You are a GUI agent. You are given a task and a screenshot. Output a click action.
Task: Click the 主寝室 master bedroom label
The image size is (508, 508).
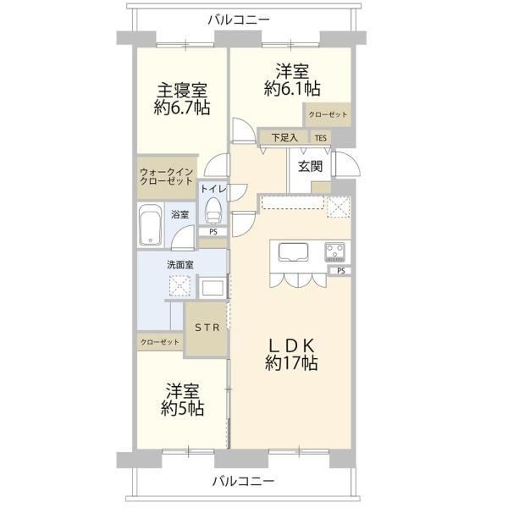click(182, 91)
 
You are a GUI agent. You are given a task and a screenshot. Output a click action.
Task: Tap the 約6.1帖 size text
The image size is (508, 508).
click(292, 88)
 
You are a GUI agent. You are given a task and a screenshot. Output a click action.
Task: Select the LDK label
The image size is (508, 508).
click(292, 345)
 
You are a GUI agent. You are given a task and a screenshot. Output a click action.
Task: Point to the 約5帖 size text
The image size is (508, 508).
click(182, 408)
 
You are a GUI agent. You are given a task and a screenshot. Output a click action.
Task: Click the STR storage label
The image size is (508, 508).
click(207, 328)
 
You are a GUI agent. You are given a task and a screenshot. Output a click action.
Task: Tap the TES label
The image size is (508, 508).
click(321, 138)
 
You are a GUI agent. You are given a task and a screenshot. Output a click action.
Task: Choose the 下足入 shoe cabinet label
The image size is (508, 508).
click(284, 138)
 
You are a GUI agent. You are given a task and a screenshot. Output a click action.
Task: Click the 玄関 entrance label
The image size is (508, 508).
click(311, 167)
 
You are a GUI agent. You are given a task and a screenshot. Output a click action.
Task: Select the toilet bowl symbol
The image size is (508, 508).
click(213, 210)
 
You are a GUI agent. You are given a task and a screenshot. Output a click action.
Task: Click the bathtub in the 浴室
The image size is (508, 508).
click(150, 224)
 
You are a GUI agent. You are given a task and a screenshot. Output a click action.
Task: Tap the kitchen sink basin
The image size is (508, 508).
click(293, 251)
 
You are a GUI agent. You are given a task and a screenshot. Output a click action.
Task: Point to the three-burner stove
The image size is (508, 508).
click(335, 252)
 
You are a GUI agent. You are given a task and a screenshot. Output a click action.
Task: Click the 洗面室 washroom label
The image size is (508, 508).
click(180, 265)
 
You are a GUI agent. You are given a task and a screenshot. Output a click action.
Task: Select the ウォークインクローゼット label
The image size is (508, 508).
click(166, 177)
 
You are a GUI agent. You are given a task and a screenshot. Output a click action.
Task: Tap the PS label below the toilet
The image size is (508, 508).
click(213, 232)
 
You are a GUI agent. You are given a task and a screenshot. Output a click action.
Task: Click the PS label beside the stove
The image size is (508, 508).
click(341, 271)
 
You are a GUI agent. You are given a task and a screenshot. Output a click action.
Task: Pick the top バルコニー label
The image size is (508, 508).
click(239, 19)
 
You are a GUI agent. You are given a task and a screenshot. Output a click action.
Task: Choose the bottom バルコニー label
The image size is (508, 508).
click(243, 481)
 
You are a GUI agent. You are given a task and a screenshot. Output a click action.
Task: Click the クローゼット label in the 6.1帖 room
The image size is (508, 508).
click(328, 114)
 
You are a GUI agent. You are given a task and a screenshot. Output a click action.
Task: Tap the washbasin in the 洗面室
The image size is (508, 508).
click(213, 287)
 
